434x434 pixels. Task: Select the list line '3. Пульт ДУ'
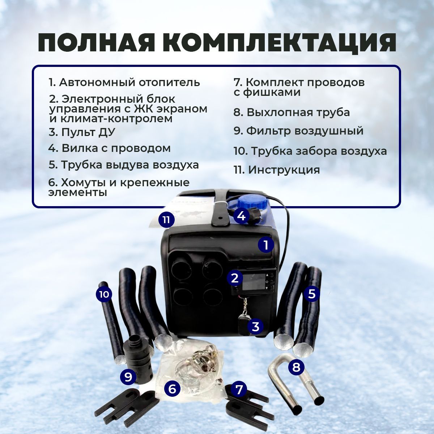point(82,132)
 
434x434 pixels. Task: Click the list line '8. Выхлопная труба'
point(292,112)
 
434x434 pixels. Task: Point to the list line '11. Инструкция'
point(277,170)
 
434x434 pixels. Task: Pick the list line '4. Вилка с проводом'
point(110,148)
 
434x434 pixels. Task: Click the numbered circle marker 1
point(266,245)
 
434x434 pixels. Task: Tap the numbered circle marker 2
point(235,278)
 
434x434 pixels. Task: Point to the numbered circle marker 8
point(296,367)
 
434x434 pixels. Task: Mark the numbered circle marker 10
point(104,294)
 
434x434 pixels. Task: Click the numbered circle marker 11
point(166,220)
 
